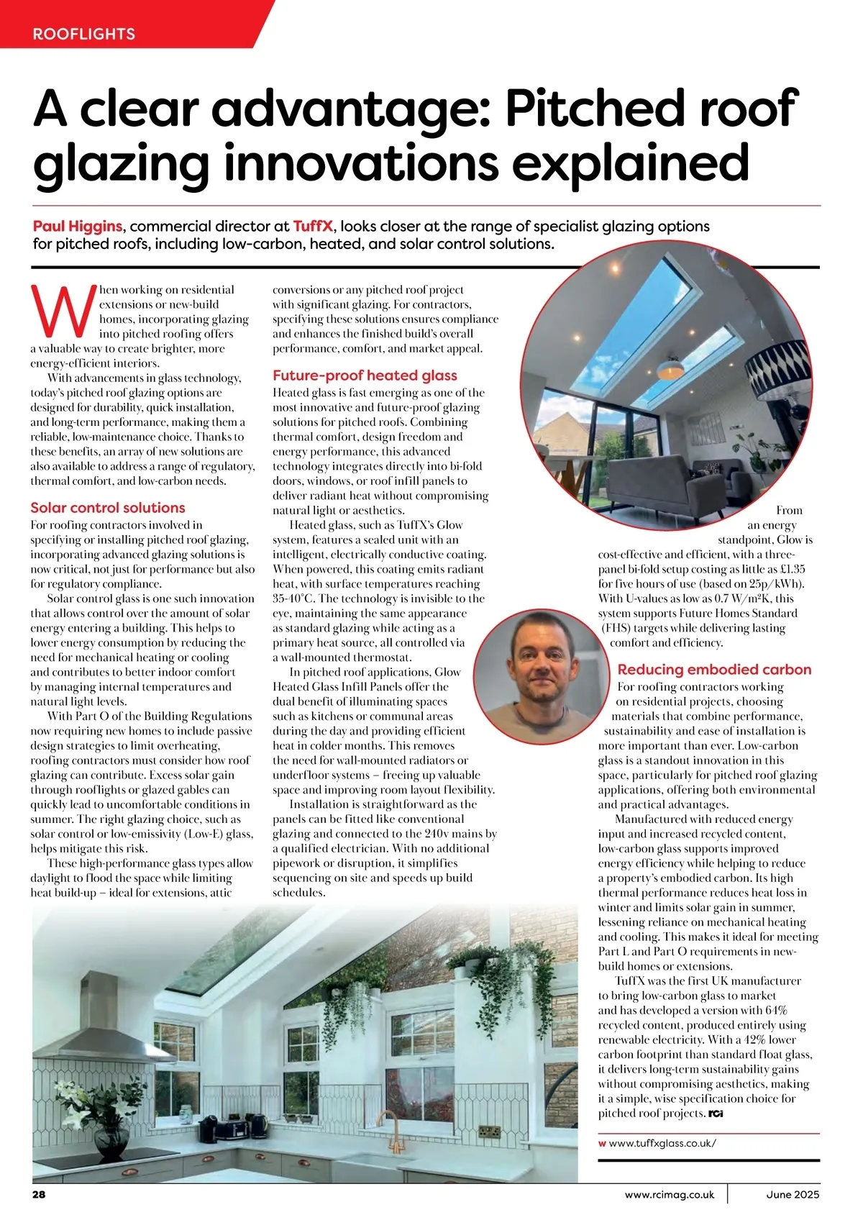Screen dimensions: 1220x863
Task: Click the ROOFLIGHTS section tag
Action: click(83, 34)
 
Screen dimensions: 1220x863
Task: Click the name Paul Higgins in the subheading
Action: click(78, 227)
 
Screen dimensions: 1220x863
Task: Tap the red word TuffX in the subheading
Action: click(313, 227)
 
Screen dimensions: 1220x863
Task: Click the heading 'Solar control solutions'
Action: click(108, 508)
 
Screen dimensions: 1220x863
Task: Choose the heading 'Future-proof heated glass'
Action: click(365, 375)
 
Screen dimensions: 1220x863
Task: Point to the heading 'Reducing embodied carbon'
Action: click(714, 670)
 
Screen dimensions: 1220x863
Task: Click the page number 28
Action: click(38, 1195)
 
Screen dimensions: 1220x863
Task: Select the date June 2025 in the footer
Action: click(793, 1195)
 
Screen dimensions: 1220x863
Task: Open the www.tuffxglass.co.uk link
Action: click(662, 1142)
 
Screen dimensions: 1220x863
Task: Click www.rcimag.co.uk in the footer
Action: click(670, 1195)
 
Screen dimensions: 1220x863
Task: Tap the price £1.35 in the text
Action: click(790, 569)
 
